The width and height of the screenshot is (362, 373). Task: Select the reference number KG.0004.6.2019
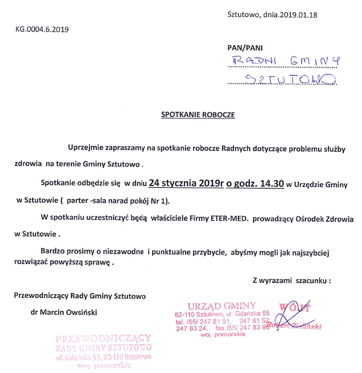[42, 29]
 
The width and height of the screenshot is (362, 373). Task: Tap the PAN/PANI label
[245, 48]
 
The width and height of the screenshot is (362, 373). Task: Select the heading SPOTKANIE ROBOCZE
[198, 115]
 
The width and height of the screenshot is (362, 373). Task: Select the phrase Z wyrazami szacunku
[291, 280]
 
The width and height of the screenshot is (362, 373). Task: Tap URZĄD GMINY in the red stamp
[222, 305]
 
